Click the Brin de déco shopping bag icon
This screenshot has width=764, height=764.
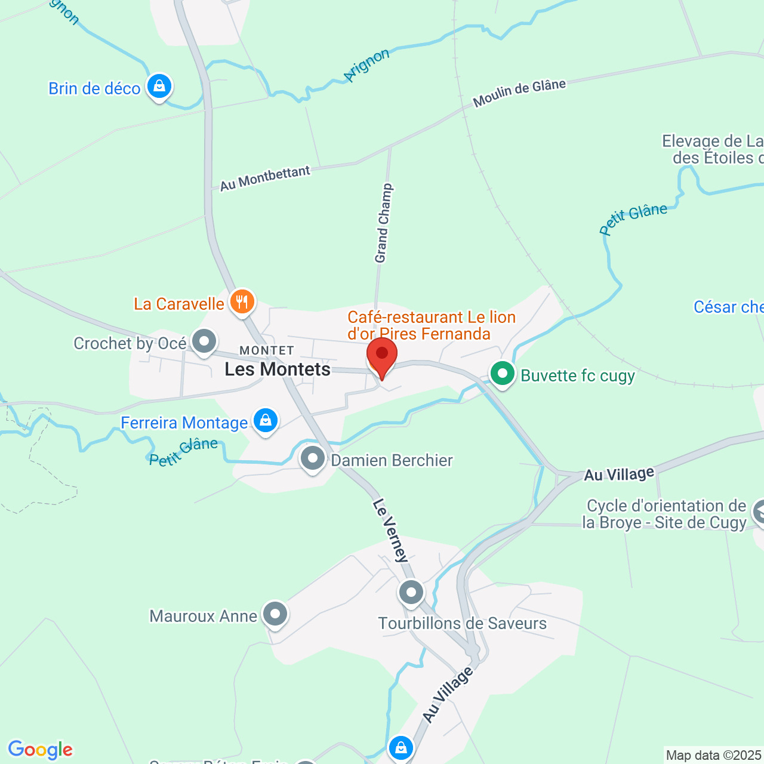[x=159, y=87]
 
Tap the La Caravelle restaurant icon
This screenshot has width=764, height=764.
[x=241, y=302]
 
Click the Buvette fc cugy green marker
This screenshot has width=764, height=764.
[x=503, y=374]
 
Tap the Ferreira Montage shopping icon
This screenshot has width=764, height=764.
[x=265, y=421]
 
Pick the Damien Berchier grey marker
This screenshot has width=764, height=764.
[x=313, y=459]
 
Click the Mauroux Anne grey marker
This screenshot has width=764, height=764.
[x=275, y=614]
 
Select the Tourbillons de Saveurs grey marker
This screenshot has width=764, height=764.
[x=411, y=593]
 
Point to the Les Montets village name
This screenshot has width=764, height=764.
[x=278, y=369]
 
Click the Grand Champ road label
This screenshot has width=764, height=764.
[x=383, y=223]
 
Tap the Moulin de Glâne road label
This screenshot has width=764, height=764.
[x=519, y=93]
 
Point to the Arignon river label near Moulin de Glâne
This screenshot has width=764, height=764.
[x=366, y=65]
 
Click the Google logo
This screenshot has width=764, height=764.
[x=40, y=750]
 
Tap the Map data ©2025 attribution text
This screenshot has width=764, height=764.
[x=714, y=756]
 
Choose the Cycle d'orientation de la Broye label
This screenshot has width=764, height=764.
[x=666, y=514]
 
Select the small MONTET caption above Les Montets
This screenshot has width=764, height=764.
[x=267, y=350]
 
